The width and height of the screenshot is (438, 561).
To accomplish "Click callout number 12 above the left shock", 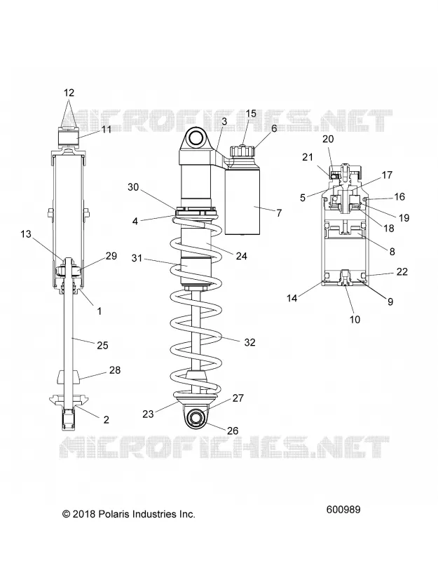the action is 69,93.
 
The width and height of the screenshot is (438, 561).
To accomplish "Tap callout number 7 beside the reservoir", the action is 279,213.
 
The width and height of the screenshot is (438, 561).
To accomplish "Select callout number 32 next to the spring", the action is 250,342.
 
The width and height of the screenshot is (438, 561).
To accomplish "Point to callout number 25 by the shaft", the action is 102,345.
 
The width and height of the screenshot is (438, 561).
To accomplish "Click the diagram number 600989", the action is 343,510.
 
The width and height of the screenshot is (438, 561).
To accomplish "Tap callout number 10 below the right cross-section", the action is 355,319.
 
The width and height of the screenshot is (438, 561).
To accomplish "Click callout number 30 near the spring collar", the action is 133,187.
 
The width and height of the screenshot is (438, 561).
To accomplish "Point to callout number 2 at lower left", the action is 107,419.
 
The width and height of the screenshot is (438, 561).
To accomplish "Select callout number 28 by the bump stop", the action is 115,370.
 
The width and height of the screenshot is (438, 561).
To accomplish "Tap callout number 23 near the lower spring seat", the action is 148,414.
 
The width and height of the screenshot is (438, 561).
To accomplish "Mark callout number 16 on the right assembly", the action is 399,196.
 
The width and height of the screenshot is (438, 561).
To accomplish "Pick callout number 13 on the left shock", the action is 26,234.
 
